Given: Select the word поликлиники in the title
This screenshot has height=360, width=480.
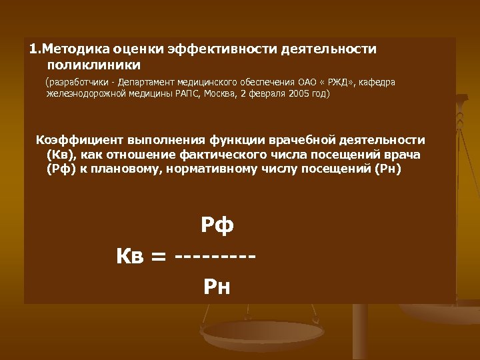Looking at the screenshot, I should click(x=94, y=65).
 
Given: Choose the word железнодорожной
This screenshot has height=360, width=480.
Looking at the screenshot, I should click(x=83, y=94).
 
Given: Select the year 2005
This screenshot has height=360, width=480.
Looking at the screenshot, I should click(x=299, y=94).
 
